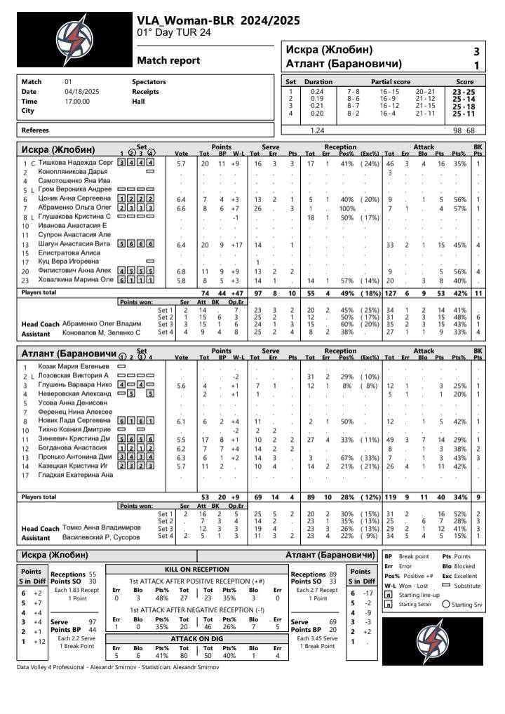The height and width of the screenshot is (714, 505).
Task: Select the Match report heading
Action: [x=168, y=61]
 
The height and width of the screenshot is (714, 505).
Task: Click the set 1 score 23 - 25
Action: [x=463, y=92]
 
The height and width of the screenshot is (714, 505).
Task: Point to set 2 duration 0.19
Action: [x=317, y=99]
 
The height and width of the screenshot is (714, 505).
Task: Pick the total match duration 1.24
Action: [x=317, y=130]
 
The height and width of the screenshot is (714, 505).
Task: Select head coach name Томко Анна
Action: [x=102, y=528]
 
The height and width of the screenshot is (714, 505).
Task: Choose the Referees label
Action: [x=36, y=130]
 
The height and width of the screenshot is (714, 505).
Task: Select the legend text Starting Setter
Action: [x=417, y=604]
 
